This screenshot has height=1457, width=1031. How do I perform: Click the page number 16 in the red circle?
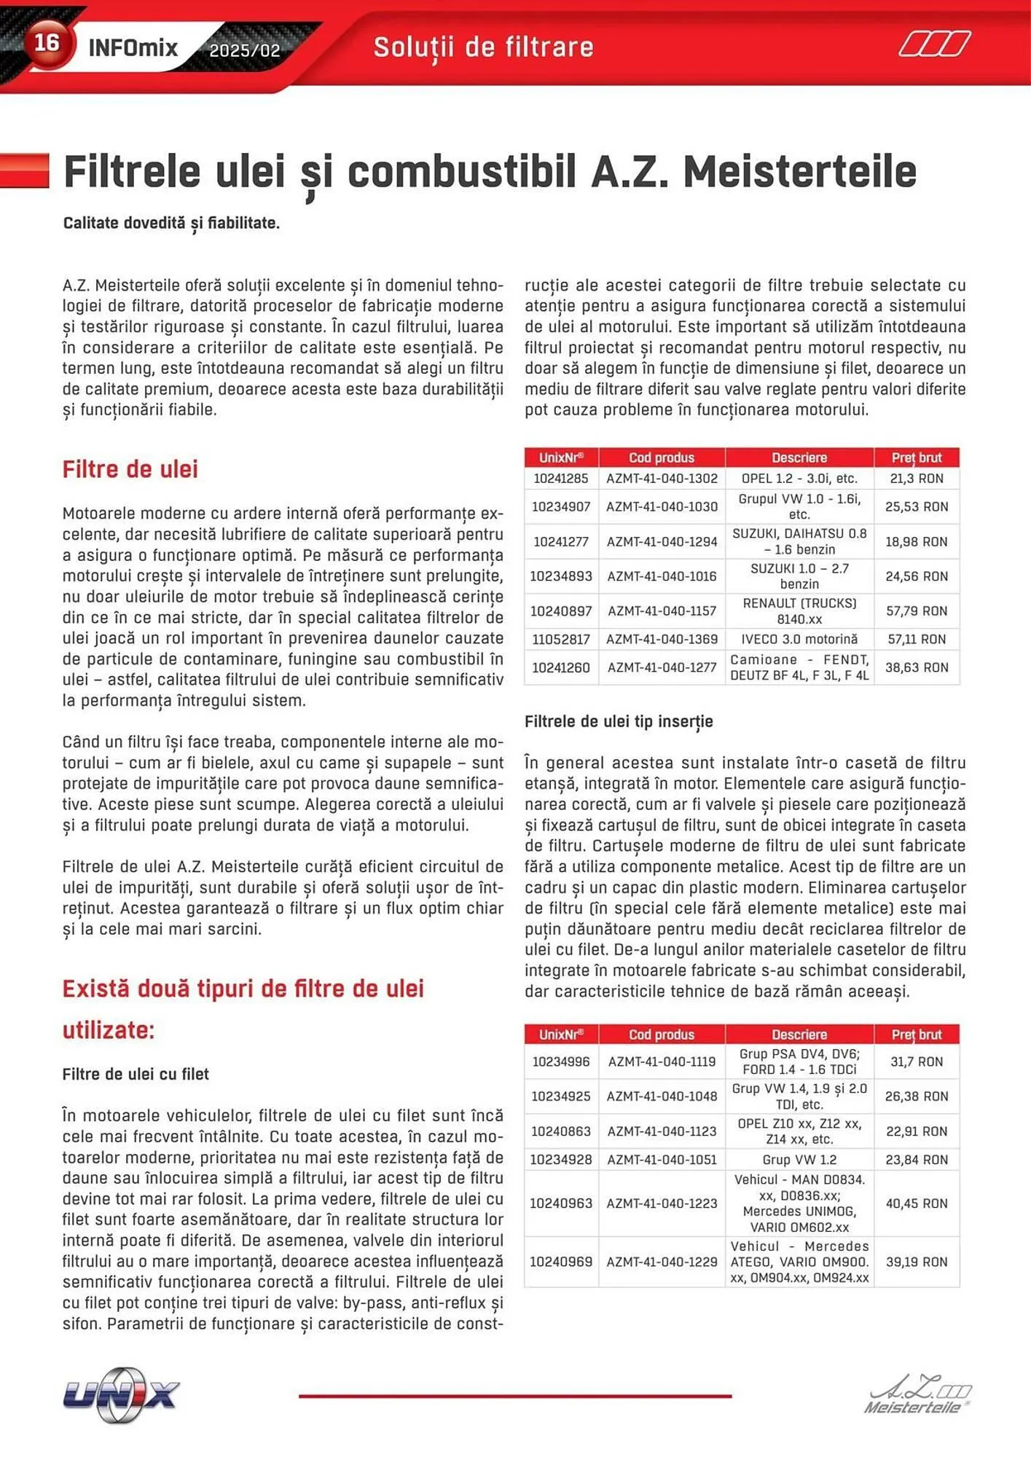(x=47, y=43)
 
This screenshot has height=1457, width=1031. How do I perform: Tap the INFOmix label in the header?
(x=133, y=49)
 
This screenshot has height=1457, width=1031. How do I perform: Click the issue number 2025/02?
(x=244, y=51)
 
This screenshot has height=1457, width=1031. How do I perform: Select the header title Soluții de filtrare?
(x=483, y=47)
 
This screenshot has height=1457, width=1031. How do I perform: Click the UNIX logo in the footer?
(x=121, y=1394)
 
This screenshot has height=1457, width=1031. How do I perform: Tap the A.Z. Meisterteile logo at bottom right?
(x=918, y=1394)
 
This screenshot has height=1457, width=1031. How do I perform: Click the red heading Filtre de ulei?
(x=130, y=469)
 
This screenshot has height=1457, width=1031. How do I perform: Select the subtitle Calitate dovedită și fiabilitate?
(x=171, y=223)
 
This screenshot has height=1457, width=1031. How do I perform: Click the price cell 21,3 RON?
(x=916, y=479)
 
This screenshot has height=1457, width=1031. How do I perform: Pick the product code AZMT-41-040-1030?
(x=662, y=506)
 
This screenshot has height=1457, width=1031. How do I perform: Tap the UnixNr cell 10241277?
(x=561, y=541)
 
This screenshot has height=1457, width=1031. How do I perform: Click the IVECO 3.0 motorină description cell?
(x=799, y=639)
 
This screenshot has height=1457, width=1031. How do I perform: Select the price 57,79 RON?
(x=916, y=610)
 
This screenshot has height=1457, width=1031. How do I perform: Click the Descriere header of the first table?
(x=799, y=457)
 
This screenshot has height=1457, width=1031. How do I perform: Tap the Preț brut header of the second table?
(x=916, y=1034)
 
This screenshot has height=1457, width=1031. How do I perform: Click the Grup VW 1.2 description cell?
(x=799, y=1159)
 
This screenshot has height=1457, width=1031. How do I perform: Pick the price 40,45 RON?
(x=916, y=1203)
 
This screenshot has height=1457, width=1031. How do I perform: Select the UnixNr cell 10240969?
(x=561, y=1262)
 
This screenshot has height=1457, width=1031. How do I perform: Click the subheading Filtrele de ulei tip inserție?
(x=619, y=721)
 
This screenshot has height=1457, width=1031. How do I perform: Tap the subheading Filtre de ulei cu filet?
(x=136, y=1074)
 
